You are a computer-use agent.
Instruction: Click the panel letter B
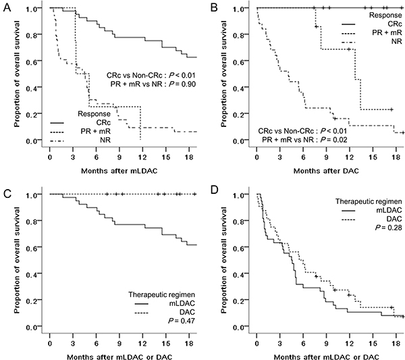pyautogui.click(x=211, y=5)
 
